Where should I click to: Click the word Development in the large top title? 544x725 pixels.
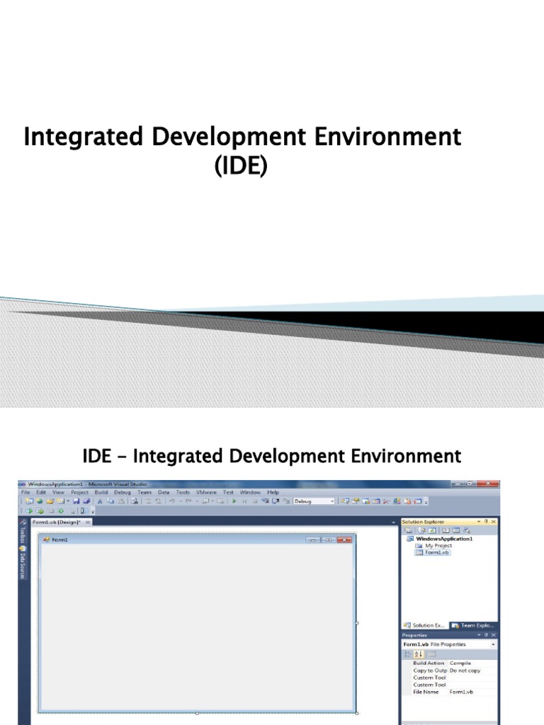(225, 137)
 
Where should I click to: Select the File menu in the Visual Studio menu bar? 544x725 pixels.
(25, 492)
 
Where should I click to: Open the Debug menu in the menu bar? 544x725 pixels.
(122, 492)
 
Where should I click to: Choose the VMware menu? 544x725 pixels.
(206, 492)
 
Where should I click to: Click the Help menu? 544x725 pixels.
(273, 492)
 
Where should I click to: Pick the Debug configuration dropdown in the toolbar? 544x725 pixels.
(314, 501)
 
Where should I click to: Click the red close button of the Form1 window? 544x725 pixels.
(345, 540)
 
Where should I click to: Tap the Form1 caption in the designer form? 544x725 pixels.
(59, 540)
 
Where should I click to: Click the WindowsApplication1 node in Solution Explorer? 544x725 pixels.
(444, 539)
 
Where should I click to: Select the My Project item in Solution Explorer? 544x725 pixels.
(438, 546)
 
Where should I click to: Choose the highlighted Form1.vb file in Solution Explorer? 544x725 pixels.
(436, 552)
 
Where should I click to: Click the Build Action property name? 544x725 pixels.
(429, 663)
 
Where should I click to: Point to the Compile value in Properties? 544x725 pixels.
(460, 663)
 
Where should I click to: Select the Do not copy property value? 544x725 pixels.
(465, 670)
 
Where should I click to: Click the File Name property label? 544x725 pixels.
(427, 692)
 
